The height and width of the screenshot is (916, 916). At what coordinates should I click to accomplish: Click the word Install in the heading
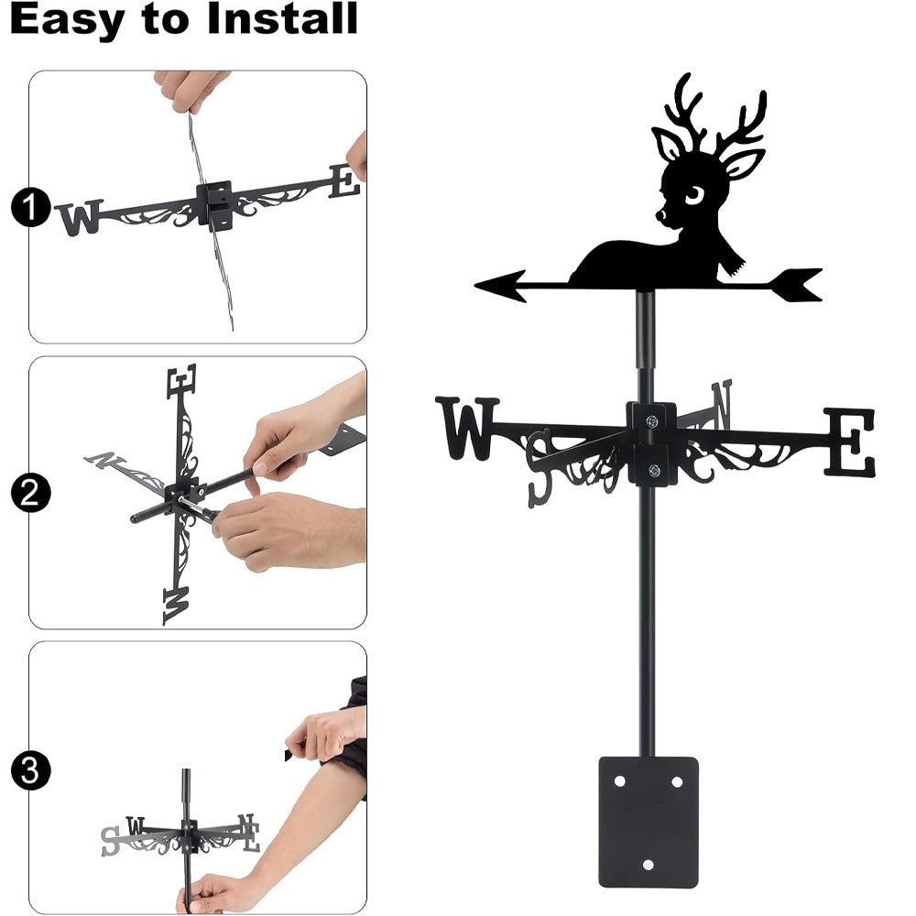point(282,18)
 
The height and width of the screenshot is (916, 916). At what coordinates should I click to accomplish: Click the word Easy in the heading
point(67,22)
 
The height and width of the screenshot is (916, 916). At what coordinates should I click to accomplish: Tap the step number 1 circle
point(30,207)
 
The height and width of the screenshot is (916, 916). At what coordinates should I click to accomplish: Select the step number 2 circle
point(30,493)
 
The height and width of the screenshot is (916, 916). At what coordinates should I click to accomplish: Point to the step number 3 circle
point(30,770)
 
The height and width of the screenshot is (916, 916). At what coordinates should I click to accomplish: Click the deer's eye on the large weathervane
point(694,195)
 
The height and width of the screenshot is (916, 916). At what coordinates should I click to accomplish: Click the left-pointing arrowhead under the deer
point(501,286)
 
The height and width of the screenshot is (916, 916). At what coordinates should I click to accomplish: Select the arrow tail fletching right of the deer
point(798,285)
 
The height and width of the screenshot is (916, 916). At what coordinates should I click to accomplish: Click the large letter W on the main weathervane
point(467,428)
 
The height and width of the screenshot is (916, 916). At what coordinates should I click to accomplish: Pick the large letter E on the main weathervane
point(850,442)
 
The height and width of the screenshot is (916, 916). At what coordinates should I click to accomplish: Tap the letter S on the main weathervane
point(539,468)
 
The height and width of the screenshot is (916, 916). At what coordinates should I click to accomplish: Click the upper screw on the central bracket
point(652,420)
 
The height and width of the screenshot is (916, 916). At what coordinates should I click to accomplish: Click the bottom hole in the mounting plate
point(648,864)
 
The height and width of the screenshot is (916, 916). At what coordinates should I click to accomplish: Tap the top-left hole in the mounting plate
point(620,781)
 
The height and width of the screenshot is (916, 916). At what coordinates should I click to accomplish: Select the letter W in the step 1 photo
point(82,217)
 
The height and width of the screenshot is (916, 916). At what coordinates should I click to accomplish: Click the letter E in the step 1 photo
point(344,180)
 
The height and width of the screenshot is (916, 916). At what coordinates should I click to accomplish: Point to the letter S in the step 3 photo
point(110,841)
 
